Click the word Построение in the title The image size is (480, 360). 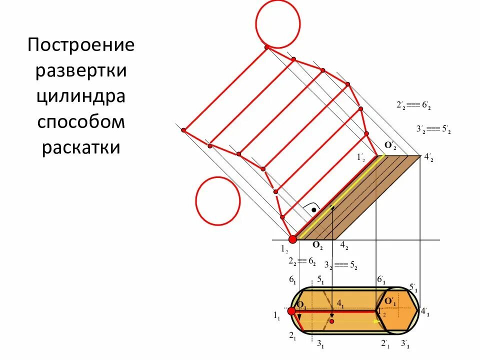pyautogui.click(x=81, y=45)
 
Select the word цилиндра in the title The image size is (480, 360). pyautogui.click(x=81, y=95)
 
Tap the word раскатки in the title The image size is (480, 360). pyautogui.click(x=81, y=147)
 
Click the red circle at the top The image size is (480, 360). pyautogui.click(x=277, y=23)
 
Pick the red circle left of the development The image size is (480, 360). pyautogui.click(x=217, y=201)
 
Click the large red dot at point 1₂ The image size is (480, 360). pyautogui.click(x=292, y=239)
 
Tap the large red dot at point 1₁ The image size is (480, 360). pyautogui.click(x=291, y=311)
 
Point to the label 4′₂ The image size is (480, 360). pyautogui.click(x=428, y=157)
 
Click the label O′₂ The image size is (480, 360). pyautogui.click(x=390, y=145)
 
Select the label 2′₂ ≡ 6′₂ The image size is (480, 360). pyautogui.click(x=413, y=105)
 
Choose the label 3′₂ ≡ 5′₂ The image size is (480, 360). pyautogui.click(x=433, y=129)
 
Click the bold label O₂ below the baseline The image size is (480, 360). pyautogui.click(x=317, y=245)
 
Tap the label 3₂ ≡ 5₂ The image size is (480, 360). pyautogui.click(x=340, y=265)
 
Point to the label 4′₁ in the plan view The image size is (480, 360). pyautogui.click(x=425, y=312)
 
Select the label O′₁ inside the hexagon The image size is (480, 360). pyautogui.click(x=389, y=302)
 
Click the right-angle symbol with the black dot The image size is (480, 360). pyautogui.click(x=312, y=209)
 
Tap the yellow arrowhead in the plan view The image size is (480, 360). pyautogui.click(x=376, y=321)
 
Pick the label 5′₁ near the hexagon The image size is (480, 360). pyautogui.click(x=413, y=288)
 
